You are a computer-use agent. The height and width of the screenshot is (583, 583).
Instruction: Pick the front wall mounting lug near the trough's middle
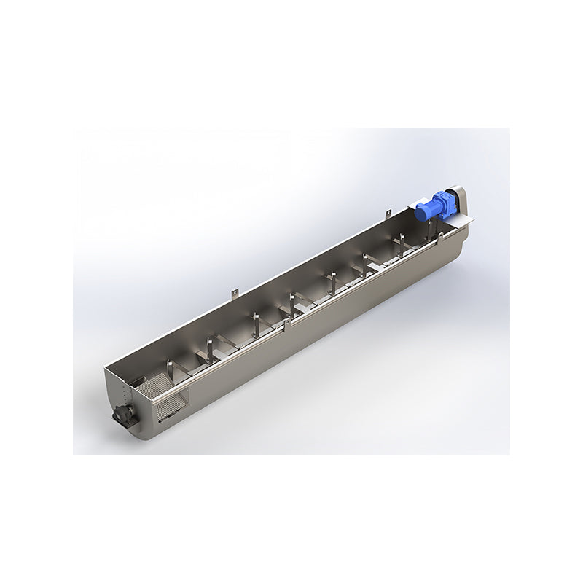pyautogui.click(x=289, y=323)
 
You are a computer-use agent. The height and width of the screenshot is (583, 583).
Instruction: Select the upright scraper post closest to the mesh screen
pyautogui.click(x=171, y=366)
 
